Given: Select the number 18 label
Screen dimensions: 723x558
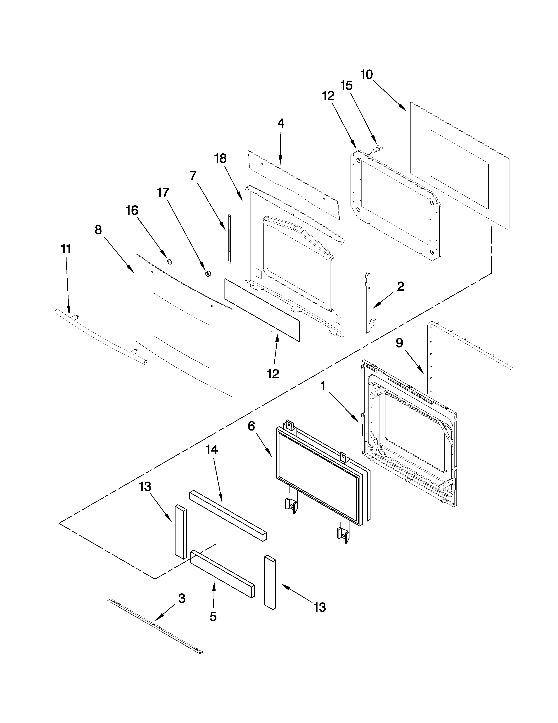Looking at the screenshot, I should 221,159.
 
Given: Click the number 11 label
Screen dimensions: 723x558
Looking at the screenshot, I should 66,249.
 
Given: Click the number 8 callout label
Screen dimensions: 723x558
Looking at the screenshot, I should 98,230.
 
